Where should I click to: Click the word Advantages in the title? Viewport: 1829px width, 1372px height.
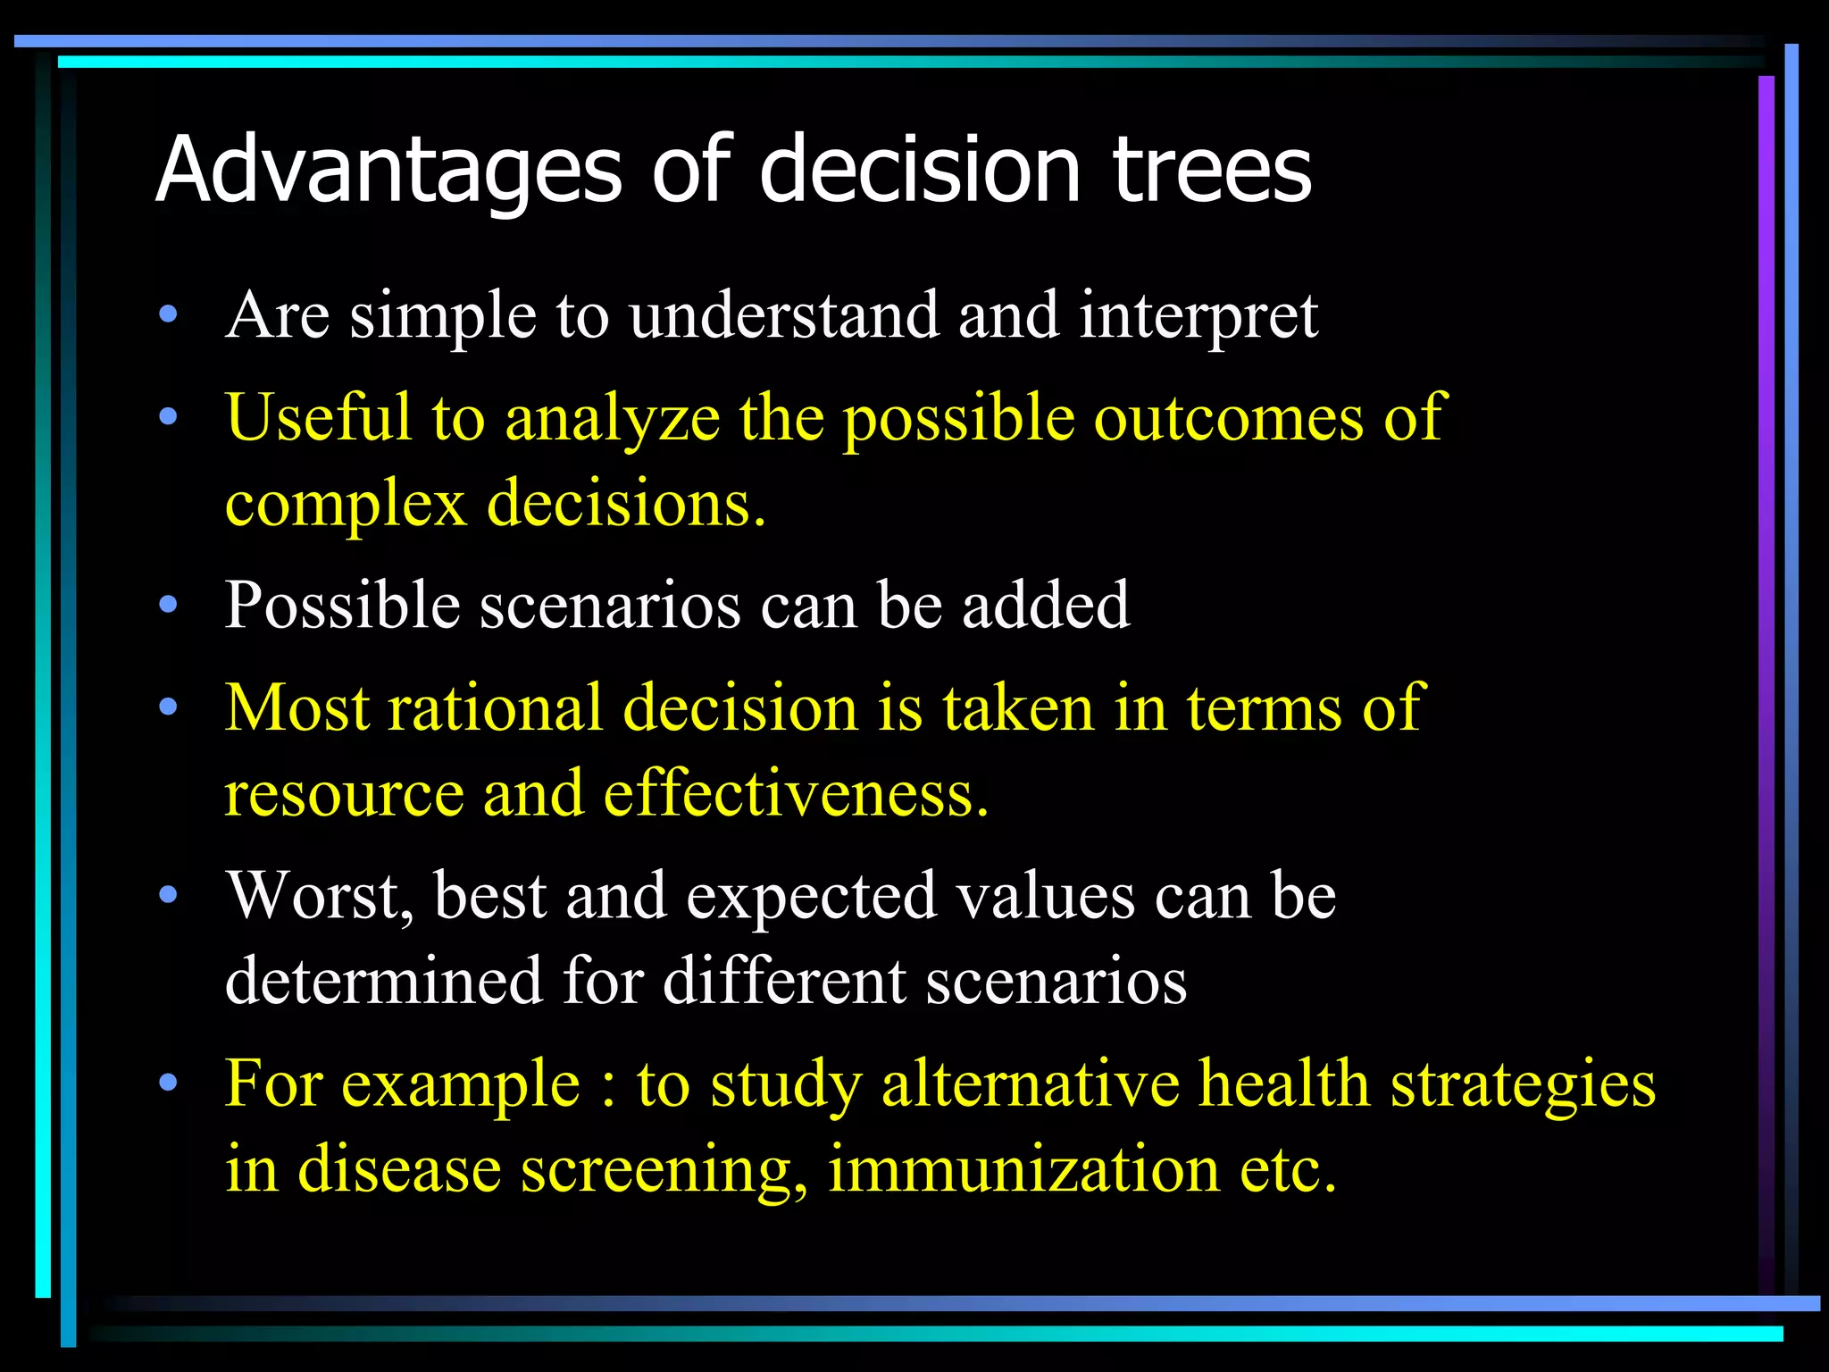pos(388,170)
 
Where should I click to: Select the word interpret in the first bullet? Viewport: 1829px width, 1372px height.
pos(1198,316)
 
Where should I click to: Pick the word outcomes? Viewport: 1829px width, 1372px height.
pos(1228,418)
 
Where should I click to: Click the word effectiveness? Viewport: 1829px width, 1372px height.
pos(796,794)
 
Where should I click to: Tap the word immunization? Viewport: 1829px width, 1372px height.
pos(1023,1169)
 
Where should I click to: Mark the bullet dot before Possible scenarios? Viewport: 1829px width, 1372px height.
pos(168,606)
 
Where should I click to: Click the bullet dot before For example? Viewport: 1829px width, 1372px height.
pos(168,1083)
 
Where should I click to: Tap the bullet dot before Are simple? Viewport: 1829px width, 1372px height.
pos(168,315)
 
